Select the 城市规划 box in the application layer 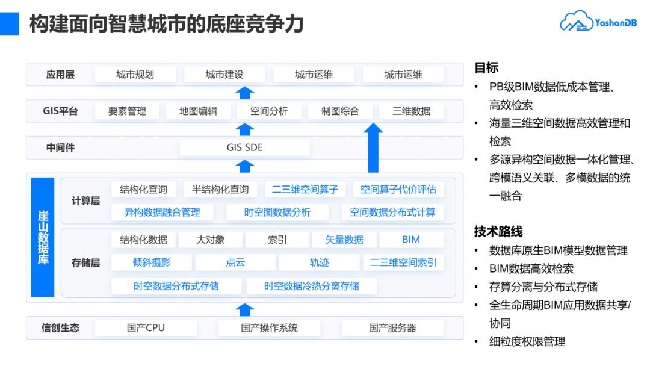tap(135, 75)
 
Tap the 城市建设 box tap(224, 75)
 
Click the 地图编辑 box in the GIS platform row tap(198, 111)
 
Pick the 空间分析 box tap(269, 111)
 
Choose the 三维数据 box tap(411, 111)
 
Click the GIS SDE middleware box tap(244, 147)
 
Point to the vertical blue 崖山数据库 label tap(43, 237)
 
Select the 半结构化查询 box tap(220, 190)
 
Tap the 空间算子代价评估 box tap(398, 190)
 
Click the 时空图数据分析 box tap(277, 212)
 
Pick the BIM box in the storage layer tap(411, 240)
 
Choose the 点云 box tap(235, 262)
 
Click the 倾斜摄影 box tap(152, 262)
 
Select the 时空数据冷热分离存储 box tap(312, 286)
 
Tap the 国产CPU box tap(146, 328)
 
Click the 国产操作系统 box tap(269, 328)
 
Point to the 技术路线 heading tap(498, 232)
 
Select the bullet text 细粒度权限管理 tap(527, 341)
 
